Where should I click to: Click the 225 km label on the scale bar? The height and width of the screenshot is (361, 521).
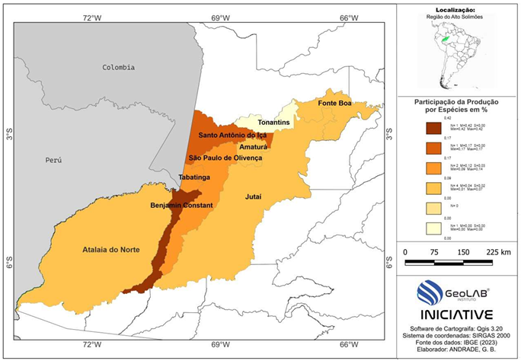[495, 252]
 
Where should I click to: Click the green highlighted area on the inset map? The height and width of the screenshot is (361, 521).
[443, 37]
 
